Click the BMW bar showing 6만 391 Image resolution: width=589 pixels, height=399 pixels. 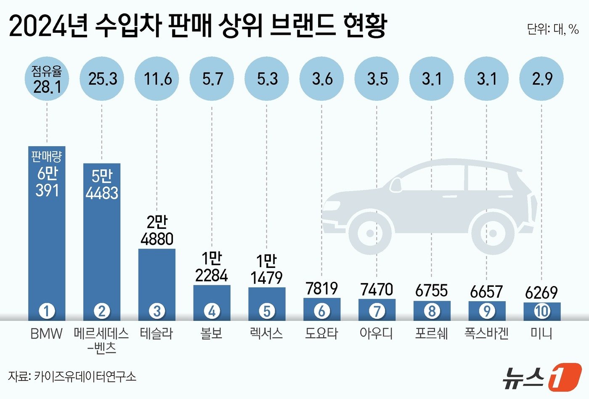click(47, 233)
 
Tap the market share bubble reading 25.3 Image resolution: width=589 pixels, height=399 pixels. click(102, 79)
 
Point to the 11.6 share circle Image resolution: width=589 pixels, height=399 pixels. click(157, 79)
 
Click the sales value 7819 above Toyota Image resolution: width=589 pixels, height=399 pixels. click(322, 289)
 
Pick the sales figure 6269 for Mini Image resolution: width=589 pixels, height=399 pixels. click(541, 293)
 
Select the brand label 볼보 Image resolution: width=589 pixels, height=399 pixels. click(212, 333)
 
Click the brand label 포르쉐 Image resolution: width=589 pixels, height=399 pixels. click(432, 333)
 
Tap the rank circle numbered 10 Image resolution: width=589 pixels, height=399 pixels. click(542, 311)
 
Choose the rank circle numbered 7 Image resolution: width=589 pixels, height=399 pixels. click(377, 311)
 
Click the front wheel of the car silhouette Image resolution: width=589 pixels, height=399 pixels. click(369, 233)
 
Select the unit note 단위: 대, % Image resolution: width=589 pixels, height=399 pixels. click(553, 29)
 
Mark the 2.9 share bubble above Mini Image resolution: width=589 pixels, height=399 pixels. click(541, 79)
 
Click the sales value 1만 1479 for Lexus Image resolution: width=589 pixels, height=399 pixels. click(267, 270)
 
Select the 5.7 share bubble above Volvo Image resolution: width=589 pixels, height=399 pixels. click(212, 79)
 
